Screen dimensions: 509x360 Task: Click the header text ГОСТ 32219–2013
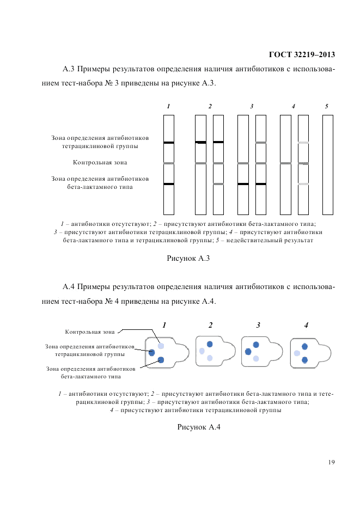(x=302, y=54)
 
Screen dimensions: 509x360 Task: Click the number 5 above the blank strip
(x=327, y=106)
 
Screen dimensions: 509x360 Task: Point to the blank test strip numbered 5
(x=327, y=164)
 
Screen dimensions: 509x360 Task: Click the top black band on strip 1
(x=169, y=143)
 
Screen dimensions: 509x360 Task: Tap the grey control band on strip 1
(x=169, y=163)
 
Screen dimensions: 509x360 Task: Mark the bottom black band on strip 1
(x=169, y=184)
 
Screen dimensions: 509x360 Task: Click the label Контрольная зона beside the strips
(x=100, y=162)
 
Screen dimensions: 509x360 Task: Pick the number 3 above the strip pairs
(x=252, y=106)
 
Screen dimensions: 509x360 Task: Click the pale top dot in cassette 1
(x=161, y=346)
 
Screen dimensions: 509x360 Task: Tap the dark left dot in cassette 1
(x=152, y=353)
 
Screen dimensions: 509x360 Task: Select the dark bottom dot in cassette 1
(x=161, y=360)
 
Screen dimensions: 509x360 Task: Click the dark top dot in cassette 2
(x=210, y=345)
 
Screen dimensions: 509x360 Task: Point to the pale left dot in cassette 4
(x=297, y=353)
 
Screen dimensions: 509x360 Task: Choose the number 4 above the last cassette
(x=306, y=325)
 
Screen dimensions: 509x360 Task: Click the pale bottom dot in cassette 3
(x=256, y=358)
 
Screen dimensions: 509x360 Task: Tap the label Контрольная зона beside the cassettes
(x=90, y=331)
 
